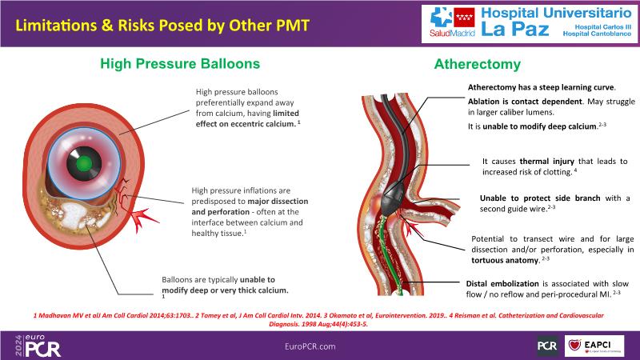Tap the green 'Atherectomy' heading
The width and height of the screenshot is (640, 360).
tap(477, 64)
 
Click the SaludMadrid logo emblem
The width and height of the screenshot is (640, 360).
tap(439, 20)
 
